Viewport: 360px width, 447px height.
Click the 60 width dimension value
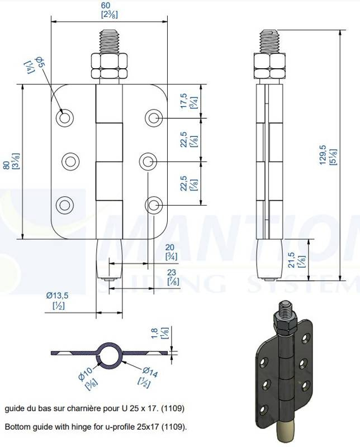tap(105, 6)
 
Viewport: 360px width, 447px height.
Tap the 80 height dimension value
tap(6, 165)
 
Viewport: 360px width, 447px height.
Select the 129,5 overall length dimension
tap(323, 155)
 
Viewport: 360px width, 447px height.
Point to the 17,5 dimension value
tap(183, 101)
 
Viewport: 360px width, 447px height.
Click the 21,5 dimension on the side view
tap(291, 260)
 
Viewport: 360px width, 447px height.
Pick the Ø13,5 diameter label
tap(58, 296)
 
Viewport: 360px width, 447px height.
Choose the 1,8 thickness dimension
tap(154, 333)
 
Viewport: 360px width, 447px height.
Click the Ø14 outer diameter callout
tap(150, 372)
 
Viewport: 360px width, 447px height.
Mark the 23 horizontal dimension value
tap(172, 273)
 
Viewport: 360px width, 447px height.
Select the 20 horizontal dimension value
tap(170, 248)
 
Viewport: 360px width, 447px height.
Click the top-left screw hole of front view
tap(65, 117)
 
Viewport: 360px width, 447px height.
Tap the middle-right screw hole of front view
tap(148, 162)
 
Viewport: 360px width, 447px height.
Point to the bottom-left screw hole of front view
tap(65, 205)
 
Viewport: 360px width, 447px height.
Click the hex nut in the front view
tap(109, 66)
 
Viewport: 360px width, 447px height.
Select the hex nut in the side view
tap(269, 66)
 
